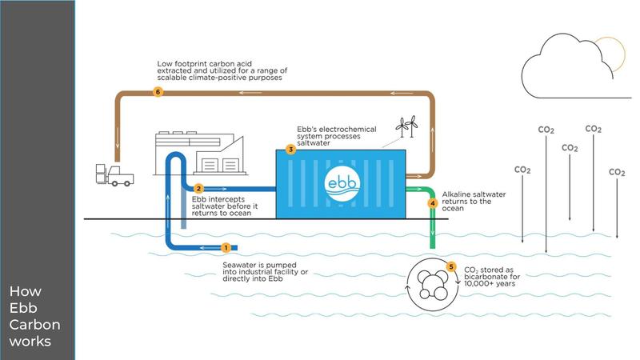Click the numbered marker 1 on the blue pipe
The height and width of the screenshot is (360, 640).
(226, 248)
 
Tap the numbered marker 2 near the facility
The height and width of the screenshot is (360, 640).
(198, 189)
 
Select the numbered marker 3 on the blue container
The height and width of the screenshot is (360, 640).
(291, 150)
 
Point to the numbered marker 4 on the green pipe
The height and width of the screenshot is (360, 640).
(433, 203)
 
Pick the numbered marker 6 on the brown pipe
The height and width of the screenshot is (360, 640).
(158, 92)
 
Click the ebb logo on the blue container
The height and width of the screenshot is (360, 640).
(343, 183)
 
